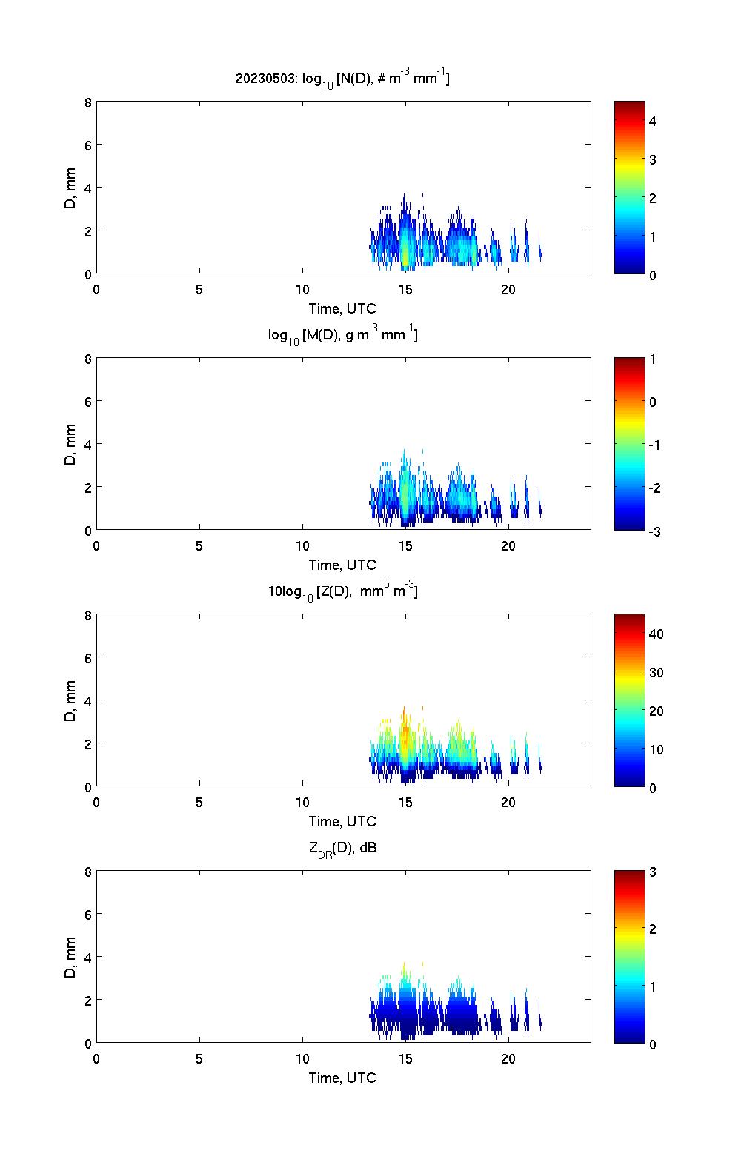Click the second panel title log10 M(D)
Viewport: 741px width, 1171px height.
pos(342,335)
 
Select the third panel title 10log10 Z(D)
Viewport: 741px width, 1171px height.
pos(342,591)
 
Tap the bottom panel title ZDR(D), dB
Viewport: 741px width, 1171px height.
pos(342,848)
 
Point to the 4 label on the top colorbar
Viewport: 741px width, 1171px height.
pos(653,121)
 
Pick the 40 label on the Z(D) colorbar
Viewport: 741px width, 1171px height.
pos(656,634)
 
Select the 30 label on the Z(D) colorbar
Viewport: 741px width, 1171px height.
pos(656,673)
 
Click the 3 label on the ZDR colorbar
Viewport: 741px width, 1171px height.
pos(653,872)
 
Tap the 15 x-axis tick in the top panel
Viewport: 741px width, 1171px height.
pos(405,290)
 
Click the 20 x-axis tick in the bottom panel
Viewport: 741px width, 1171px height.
pos(508,1059)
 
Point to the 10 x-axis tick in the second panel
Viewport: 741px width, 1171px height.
pos(302,546)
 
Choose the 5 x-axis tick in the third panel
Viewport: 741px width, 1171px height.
pos(199,803)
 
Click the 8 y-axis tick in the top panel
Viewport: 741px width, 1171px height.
pos(87,102)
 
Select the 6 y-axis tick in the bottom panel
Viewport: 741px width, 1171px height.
pos(87,915)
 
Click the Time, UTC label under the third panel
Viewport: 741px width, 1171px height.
pos(342,821)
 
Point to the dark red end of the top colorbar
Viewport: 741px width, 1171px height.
pos(630,105)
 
